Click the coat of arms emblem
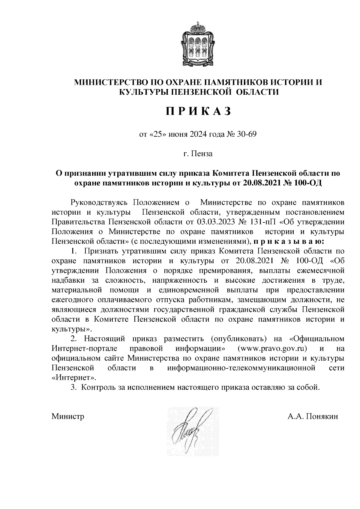pyautogui.click(x=198, y=44)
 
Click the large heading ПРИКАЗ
pyautogui.click(x=198, y=111)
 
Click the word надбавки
pyautogui.click(x=68, y=280)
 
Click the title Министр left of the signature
pyautogui.click(x=68, y=417)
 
